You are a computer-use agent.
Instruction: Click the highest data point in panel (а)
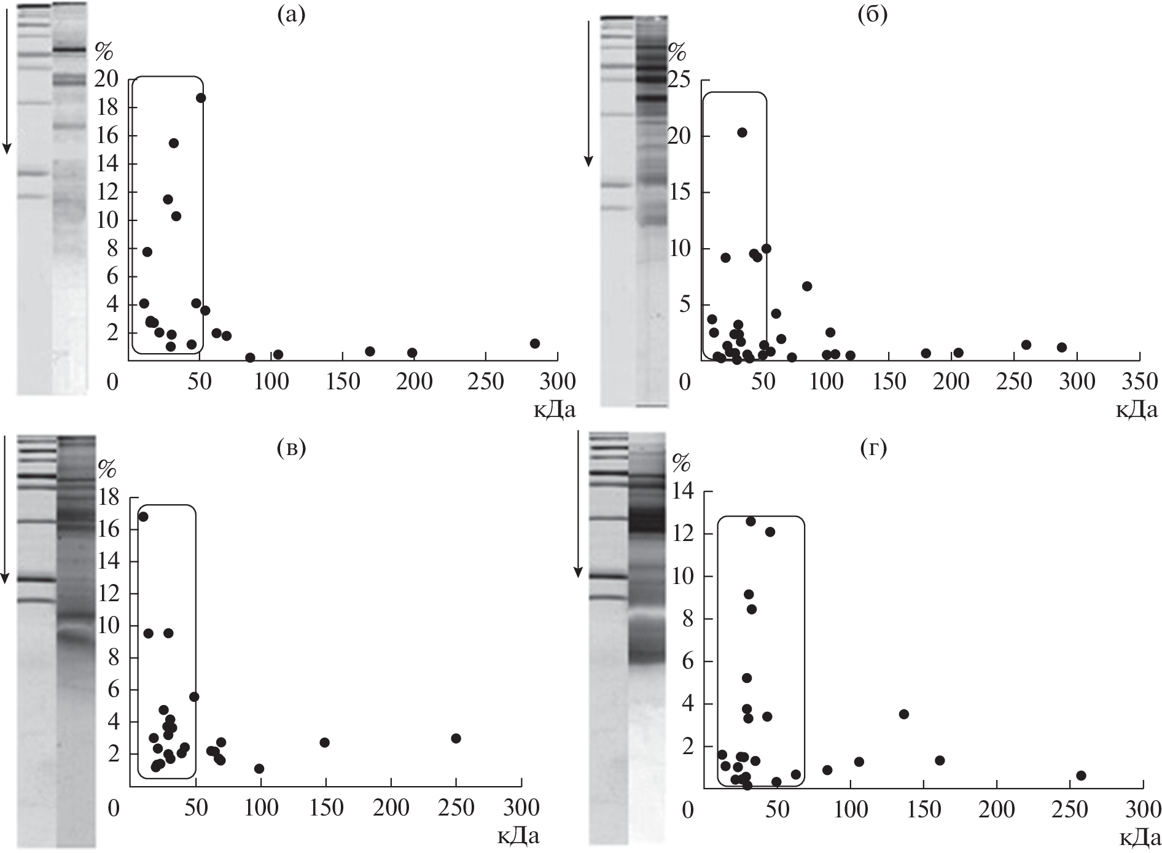200,98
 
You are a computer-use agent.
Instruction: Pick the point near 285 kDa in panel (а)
534,343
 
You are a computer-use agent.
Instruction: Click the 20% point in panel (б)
742,133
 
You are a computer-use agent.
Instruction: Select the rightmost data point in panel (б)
1061,348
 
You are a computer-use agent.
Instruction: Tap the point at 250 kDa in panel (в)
456,738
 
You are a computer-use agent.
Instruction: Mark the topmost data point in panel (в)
143,516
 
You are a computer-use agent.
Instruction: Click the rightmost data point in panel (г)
1081,776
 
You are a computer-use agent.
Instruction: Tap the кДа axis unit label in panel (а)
554,408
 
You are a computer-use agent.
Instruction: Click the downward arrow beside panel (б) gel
588,92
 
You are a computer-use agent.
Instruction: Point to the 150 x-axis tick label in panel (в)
326,808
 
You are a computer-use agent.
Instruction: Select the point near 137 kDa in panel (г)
903,714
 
